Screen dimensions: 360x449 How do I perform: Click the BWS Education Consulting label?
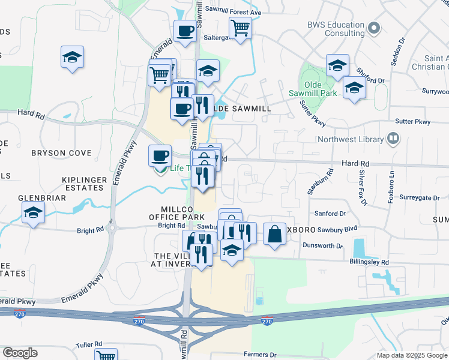[x=336, y=29]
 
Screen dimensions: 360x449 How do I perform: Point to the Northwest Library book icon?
[x=393, y=139]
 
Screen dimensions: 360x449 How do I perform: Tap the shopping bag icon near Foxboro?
[x=274, y=234]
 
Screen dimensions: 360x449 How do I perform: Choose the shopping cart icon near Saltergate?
[x=240, y=28]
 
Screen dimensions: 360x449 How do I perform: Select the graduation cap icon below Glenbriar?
[x=33, y=212]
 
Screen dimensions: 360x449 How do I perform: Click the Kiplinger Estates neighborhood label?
[x=85, y=184]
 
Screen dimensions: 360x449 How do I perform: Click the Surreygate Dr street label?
[x=420, y=197]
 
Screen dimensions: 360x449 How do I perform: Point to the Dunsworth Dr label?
[x=322, y=246]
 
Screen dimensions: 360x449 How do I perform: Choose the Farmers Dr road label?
[x=260, y=355]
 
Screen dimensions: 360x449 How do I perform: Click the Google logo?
[x=20, y=353]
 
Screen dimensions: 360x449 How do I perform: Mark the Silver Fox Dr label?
[x=363, y=188]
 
